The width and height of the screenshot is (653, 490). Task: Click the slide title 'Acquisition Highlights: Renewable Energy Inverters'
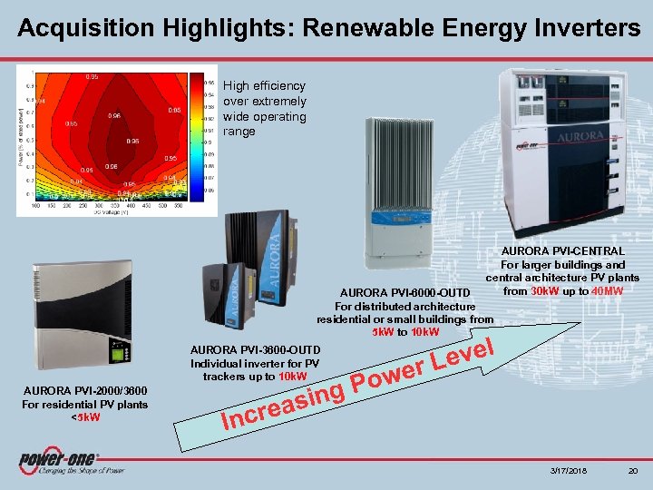tap(327, 27)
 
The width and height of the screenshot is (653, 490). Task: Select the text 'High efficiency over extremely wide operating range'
tap(265, 109)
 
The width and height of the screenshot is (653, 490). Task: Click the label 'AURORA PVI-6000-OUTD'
tap(404, 293)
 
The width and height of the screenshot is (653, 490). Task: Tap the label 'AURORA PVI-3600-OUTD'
tap(255, 350)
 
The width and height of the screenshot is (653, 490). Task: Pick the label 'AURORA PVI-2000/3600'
tap(84, 391)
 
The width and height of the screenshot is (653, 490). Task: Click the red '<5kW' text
tap(83, 417)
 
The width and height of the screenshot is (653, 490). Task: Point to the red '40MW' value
tap(606, 291)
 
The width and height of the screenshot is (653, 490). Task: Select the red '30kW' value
tap(545, 291)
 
